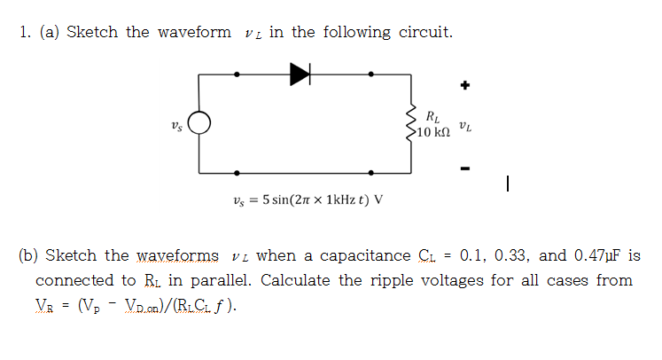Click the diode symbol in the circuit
(x=300, y=75)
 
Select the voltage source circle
(x=199, y=124)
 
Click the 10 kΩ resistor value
(x=433, y=132)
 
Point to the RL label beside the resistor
(x=432, y=115)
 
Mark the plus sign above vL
(x=463, y=86)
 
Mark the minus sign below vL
(x=463, y=168)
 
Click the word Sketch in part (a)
(x=92, y=33)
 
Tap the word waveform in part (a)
(x=194, y=33)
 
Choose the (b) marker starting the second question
(x=28, y=256)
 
